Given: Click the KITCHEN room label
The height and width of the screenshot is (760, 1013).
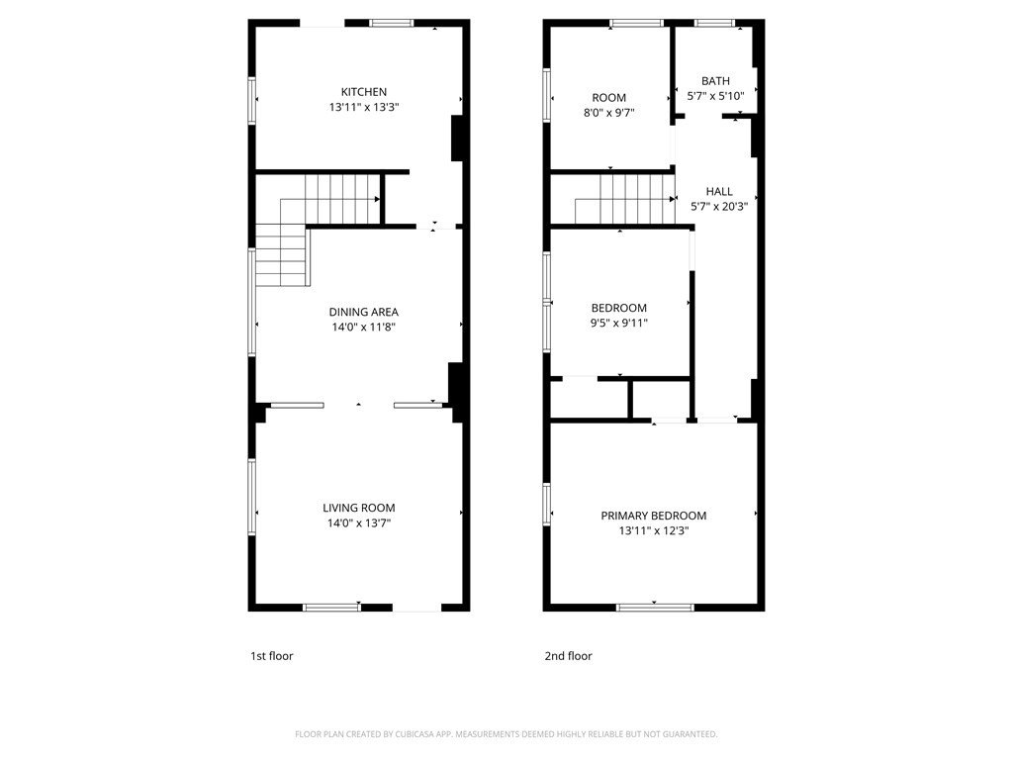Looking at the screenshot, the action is [x=364, y=92].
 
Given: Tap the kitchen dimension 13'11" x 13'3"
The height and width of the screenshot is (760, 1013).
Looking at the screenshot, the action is [x=364, y=107].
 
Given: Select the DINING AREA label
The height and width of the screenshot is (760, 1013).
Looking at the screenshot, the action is [x=364, y=312].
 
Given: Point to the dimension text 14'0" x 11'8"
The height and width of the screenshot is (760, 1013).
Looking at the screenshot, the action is [x=364, y=327].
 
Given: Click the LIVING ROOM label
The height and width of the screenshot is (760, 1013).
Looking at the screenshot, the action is [x=359, y=508].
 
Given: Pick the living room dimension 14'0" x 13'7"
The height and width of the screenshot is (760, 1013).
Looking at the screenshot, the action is [x=359, y=522].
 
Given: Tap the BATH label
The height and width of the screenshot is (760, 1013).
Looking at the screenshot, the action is [x=716, y=81].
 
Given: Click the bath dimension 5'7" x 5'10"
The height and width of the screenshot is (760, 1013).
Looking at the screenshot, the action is [x=716, y=96].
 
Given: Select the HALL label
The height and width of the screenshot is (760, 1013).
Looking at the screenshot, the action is [x=719, y=191].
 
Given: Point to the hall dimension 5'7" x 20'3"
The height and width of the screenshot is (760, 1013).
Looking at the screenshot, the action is [x=719, y=207].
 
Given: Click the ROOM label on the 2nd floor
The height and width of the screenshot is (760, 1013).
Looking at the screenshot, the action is [x=609, y=98].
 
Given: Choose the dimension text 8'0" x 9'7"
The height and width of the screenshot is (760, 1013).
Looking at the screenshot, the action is [x=609, y=113].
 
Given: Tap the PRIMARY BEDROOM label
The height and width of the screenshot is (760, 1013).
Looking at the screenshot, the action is [x=654, y=516].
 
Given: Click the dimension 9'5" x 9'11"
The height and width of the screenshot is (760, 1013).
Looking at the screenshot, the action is [x=619, y=324].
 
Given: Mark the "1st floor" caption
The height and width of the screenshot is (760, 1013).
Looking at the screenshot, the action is [x=272, y=656].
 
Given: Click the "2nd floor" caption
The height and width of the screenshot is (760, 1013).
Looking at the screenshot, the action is [x=569, y=656].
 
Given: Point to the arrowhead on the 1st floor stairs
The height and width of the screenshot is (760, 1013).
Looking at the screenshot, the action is [x=377, y=199].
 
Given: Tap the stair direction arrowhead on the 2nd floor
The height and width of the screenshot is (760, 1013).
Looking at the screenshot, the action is [x=673, y=199].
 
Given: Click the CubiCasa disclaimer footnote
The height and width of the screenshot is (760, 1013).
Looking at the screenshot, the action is [x=506, y=734].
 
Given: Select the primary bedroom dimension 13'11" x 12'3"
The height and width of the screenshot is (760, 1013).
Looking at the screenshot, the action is [x=654, y=531].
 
